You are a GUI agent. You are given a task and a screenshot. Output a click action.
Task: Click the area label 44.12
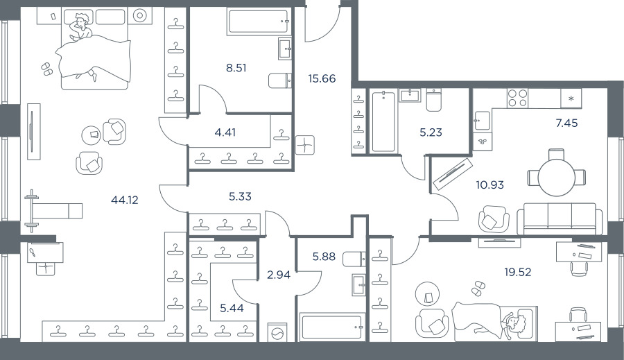click(125, 200)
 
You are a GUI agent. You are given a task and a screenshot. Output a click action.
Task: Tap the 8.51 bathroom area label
click(236, 68)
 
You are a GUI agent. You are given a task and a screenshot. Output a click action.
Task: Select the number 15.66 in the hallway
click(322, 78)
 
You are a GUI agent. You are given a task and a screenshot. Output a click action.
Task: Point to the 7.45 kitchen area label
click(566, 123)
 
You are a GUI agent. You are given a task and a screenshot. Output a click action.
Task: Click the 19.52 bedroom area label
click(518, 273)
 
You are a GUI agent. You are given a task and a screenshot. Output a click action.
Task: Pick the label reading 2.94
click(279, 275)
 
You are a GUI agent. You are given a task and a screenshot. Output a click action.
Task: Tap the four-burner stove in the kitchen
click(518, 98)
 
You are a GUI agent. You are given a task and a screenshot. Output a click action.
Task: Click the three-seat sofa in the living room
click(560, 218)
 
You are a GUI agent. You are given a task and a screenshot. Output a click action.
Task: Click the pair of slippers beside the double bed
click(46, 69)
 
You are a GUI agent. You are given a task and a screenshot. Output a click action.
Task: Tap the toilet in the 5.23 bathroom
click(433, 100)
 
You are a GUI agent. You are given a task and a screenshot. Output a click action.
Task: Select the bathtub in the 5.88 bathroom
click(331, 327)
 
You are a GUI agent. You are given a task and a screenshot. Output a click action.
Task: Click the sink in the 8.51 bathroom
click(284, 49)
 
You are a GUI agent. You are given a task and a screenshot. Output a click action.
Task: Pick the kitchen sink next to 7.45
click(482, 121)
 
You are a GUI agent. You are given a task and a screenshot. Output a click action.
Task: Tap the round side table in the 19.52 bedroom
click(427, 294)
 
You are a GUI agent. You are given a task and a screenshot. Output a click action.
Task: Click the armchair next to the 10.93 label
click(494, 218)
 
